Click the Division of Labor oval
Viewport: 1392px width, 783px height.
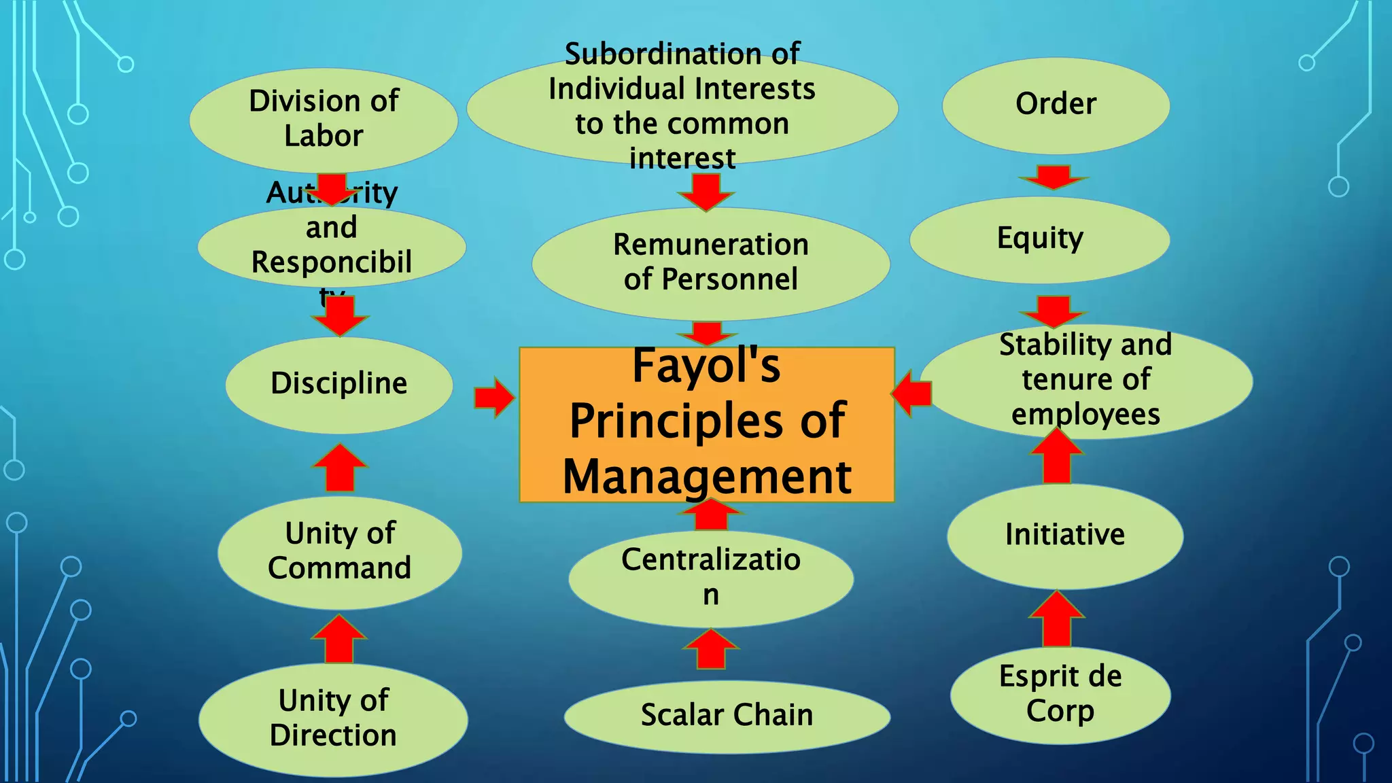tap(324, 119)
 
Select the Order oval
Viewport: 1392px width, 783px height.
tap(1056, 105)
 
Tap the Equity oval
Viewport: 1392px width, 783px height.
tap(1040, 239)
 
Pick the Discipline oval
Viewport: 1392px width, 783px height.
tap(339, 384)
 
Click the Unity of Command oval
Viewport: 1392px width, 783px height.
tap(339, 551)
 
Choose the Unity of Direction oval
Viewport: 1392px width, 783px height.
tap(333, 718)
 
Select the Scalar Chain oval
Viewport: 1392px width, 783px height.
tap(727, 716)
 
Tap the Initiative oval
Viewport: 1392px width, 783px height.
tap(1065, 535)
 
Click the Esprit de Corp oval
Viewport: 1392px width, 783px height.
tap(1060, 694)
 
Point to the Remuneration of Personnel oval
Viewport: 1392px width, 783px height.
tap(711, 262)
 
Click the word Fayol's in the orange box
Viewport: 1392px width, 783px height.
tap(706, 366)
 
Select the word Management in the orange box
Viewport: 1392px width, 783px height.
tap(707, 476)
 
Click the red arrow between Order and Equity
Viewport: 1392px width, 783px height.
tap(1054, 177)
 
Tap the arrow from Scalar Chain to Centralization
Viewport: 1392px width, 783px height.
tap(711, 649)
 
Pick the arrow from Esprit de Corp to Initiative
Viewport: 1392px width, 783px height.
tap(1056, 619)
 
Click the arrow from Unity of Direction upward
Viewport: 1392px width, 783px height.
tap(339, 638)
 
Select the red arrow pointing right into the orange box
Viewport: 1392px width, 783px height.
tap(494, 397)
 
